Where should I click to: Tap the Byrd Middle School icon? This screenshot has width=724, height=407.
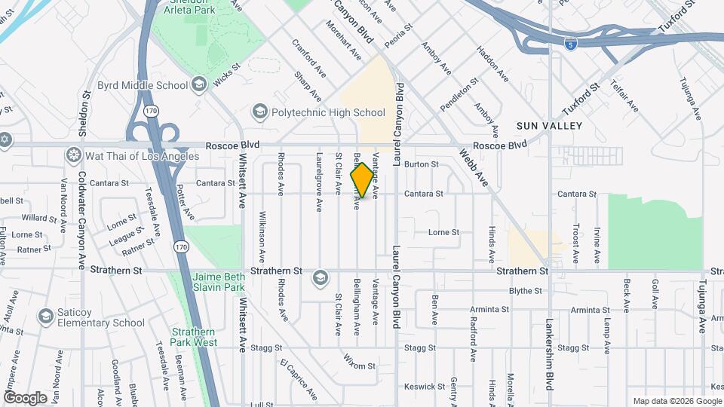[199, 83]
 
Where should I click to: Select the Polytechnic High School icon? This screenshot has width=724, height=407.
[260, 112]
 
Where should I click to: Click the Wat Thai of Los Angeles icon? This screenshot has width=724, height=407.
[74, 156]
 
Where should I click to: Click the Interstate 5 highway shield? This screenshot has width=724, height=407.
[571, 43]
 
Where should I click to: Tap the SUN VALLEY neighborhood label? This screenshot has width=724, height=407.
[549, 126]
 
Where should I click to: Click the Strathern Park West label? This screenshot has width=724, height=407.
[194, 337]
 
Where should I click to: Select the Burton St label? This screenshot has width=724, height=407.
[422, 164]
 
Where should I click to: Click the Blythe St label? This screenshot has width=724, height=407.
[526, 290]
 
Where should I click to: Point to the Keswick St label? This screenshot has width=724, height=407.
[420, 386]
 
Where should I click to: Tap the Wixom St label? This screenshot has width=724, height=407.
[359, 366]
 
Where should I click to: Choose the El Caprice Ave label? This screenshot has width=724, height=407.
[299, 381]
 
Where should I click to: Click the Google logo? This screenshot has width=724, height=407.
[25, 397]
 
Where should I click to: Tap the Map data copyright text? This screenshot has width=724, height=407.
[676, 401]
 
